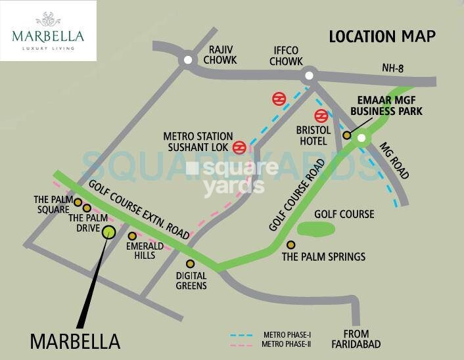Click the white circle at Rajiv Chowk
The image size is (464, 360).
(x=189, y=60)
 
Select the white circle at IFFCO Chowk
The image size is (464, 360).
(x=308, y=76)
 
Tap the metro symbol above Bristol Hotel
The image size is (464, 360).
(x=321, y=116)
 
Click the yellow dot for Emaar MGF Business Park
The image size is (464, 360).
(x=347, y=135)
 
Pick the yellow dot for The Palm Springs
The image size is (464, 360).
(x=290, y=245)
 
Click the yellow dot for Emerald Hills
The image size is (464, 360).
(x=132, y=236)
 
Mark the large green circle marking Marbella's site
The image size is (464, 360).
(x=109, y=231)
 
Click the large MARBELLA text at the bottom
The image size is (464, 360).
(x=76, y=342)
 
